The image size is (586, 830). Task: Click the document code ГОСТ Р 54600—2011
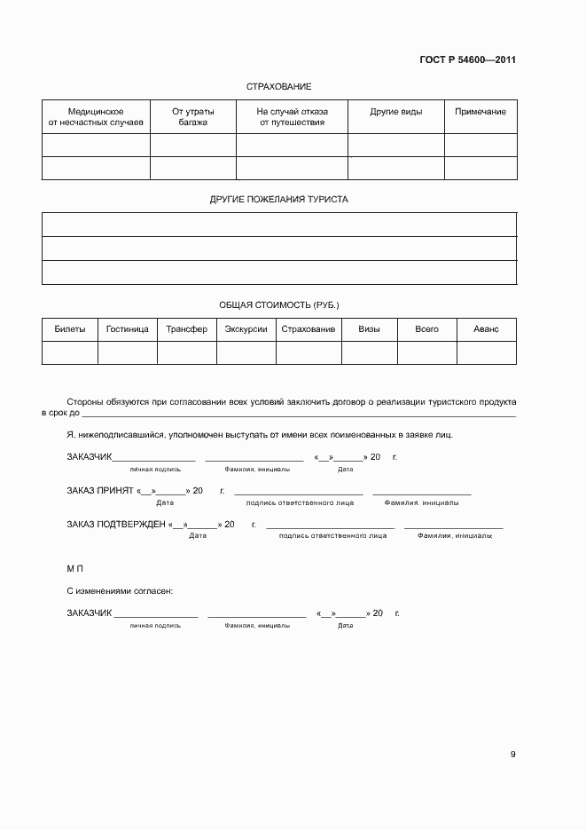(x=467, y=60)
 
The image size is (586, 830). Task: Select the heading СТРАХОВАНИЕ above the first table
(x=278, y=87)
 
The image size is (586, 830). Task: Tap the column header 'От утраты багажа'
(x=192, y=117)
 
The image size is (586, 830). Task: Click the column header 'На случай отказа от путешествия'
(x=292, y=117)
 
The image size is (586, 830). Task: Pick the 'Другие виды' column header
(x=395, y=112)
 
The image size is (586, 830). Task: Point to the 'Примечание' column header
(x=481, y=112)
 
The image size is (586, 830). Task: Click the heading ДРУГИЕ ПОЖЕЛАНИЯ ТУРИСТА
(x=278, y=200)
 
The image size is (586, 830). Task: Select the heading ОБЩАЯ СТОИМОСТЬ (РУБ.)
(x=278, y=304)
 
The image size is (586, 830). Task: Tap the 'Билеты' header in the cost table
(x=70, y=329)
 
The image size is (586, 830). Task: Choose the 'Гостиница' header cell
(x=128, y=329)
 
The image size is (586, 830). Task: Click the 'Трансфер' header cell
(x=187, y=329)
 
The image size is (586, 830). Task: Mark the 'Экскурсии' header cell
(x=246, y=329)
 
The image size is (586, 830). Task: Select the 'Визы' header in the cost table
(x=370, y=329)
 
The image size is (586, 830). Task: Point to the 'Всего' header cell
(x=426, y=329)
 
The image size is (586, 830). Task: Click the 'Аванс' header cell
(x=486, y=329)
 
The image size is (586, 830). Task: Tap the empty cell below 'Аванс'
(x=486, y=353)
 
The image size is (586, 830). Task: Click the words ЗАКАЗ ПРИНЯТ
(x=99, y=491)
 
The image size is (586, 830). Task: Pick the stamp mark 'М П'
(x=74, y=567)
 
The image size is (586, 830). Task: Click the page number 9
(x=512, y=755)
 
